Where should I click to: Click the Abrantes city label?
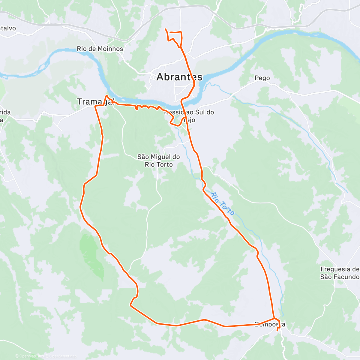coord(179,77)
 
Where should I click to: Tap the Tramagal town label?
coord(96,102)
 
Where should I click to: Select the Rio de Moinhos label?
coord(100,49)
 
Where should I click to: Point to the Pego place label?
coord(262,78)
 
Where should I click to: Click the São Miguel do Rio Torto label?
coord(159,160)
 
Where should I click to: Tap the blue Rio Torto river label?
coord(222,204)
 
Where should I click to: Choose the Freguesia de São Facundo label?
coord(340,273)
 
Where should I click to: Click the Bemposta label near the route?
coord(270,324)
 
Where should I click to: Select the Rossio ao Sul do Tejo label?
coord(189,116)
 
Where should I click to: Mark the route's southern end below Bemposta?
coord(277,331)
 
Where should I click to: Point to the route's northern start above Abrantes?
coord(166,29)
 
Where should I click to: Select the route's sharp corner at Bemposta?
coord(274,318)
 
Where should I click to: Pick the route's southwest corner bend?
coord(130,305)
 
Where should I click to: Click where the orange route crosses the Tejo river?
coord(181,103)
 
